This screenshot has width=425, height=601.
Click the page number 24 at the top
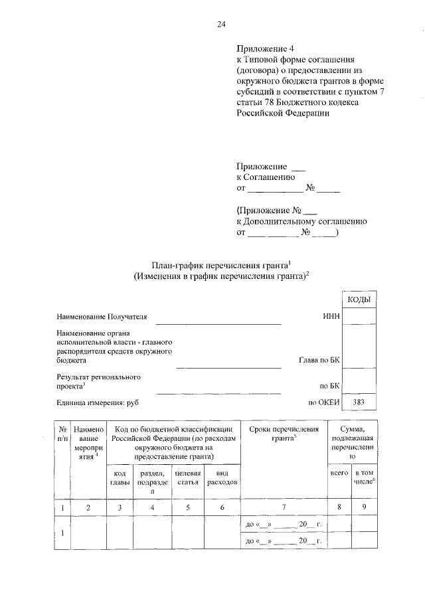click(x=221, y=25)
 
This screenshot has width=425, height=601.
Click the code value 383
click(x=359, y=402)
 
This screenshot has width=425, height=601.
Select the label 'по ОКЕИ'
click(x=323, y=402)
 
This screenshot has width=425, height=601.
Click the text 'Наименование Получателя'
click(x=102, y=317)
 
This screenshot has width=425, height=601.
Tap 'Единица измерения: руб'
click(x=98, y=402)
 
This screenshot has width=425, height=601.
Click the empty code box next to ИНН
click(x=359, y=317)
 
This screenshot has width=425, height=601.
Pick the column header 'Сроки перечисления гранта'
click(x=284, y=434)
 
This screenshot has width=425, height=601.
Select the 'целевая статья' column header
click(x=187, y=477)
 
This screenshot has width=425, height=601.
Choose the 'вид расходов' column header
click(x=222, y=477)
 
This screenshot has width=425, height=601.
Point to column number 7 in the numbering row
click(x=284, y=508)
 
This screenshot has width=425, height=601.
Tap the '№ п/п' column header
click(x=61, y=434)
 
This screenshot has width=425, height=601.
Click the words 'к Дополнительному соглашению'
click(x=301, y=222)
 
